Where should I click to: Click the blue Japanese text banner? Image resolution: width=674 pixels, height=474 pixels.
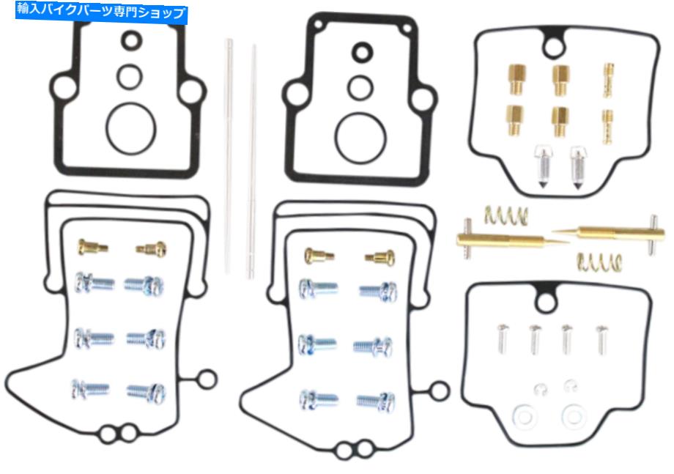[101, 12]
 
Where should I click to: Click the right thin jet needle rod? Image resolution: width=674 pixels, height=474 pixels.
[252, 162]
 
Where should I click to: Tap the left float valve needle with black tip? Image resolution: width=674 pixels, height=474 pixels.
[543, 167]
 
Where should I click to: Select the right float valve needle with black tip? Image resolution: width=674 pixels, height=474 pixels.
[578, 168]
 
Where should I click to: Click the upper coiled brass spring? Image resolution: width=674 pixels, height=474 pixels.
[506, 215]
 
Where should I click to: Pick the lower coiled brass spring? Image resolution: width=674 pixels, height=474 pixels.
[599, 262]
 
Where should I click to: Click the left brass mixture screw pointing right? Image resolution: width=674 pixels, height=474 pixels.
[511, 240]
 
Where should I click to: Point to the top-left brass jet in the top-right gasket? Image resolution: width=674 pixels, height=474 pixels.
[517, 79]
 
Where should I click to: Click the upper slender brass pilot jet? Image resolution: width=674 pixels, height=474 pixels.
[609, 80]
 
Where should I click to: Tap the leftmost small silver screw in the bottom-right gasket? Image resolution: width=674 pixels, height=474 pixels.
[503, 338]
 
